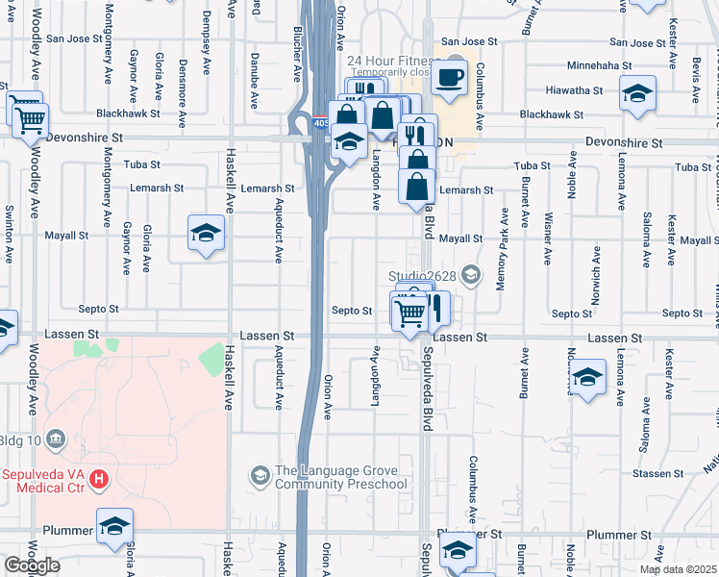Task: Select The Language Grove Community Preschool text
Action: click(340, 477)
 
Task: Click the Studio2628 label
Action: click(421, 277)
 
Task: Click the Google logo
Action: click(31, 565)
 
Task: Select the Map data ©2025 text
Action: click(678, 569)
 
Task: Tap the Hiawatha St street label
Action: click(571, 90)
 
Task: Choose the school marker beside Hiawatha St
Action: click(637, 95)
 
